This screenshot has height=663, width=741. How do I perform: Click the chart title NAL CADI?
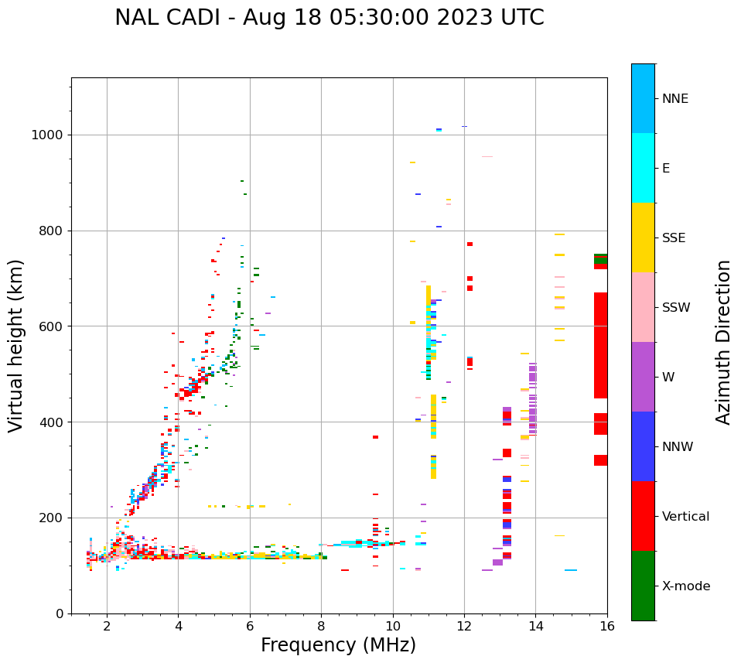pyautogui.click(x=329, y=18)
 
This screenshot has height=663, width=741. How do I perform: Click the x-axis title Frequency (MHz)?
pyautogui.click(x=338, y=645)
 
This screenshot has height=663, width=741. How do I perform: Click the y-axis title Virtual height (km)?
pyautogui.click(x=16, y=345)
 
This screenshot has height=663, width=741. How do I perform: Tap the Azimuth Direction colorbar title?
pyautogui.click(x=723, y=342)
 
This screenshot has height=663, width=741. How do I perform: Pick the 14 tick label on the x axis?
pyautogui.click(x=535, y=626)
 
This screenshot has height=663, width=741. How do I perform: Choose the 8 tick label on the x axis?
pyautogui.click(x=321, y=626)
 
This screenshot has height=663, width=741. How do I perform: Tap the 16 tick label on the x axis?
pyautogui.click(x=606, y=626)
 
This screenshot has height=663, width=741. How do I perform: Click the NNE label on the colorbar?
pyautogui.click(x=674, y=99)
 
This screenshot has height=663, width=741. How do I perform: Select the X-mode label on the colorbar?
pyautogui.click(x=685, y=586)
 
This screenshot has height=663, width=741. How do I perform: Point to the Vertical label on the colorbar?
pyautogui.click(x=685, y=517)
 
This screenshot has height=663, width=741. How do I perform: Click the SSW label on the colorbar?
pyautogui.click(x=675, y=308)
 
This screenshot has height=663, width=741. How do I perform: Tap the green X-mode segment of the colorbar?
pyautogui.click(x=643, y=586)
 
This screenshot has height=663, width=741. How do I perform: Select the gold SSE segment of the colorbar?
pyautogui.click(x=643, y=238)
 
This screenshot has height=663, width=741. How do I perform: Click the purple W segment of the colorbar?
pyautogui.click(x=643, y=377)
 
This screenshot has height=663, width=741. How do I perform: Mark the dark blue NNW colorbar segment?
pyautogui.click(x=643, y=446)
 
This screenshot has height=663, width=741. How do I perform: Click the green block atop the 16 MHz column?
pyautogui.click(x=600, y=259)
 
